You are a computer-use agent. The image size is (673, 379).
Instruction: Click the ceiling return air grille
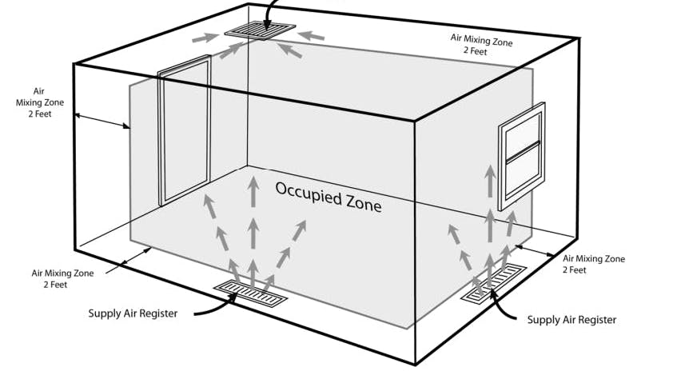(x=260, y=30)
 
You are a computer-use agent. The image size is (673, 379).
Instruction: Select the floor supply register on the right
(x=496, y=283)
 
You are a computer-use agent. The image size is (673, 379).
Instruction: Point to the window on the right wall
(x=521, y=156)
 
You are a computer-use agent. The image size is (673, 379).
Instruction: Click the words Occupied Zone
(x=329, y=196)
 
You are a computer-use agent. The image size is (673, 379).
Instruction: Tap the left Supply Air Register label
(x=132, y=313)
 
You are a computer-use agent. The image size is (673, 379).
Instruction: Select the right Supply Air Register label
(x=571, y=319)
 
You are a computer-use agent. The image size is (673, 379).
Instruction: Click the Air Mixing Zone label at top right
(x=480, y=44)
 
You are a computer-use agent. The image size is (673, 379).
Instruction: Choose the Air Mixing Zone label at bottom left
(x=62, y=278)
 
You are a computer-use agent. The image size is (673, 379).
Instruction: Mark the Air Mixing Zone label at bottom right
(x=594, y=264)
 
